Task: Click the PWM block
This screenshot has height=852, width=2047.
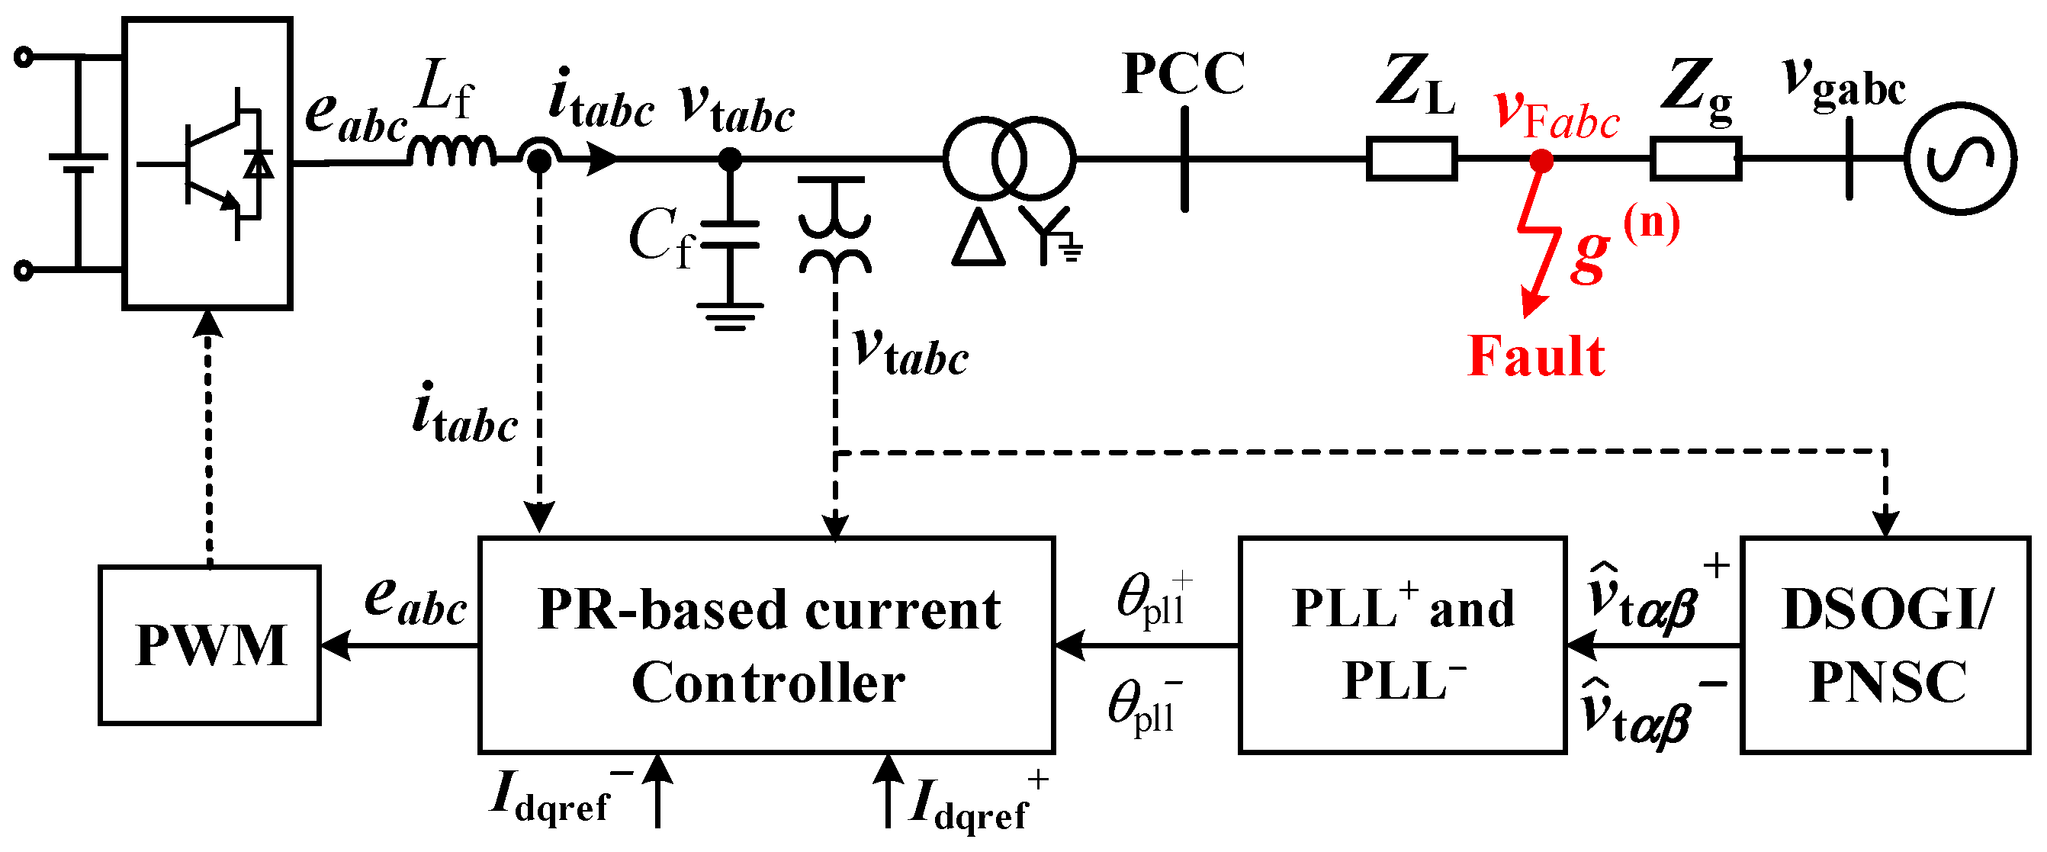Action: [210, 645]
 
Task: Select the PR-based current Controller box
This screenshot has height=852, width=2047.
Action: [766, 645]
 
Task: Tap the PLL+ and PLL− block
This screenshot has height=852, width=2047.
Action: [1403, 645]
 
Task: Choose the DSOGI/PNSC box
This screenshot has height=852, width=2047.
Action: [1885, 645]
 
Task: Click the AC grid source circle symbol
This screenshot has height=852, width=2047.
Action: [1960, 158]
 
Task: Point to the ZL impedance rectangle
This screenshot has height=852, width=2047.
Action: [1412, 159]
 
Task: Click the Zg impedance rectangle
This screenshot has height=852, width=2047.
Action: [1695, 159]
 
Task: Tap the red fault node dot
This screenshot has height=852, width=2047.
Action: [1541, 160]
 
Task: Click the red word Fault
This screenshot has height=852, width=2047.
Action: [1535, 356]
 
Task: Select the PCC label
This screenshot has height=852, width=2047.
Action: [1183, 74]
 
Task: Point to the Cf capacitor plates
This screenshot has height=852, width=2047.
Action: [728, 235]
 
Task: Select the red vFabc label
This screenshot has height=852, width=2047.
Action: [1556, 115]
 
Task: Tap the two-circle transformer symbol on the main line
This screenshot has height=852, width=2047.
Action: [1009, 158]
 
